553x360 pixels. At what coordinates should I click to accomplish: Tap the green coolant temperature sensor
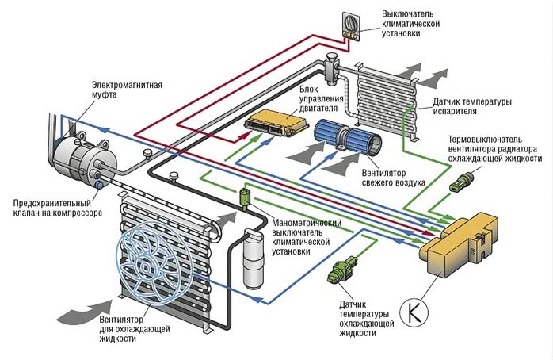(342, 271)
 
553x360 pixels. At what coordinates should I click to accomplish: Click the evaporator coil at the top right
(388, 95)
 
